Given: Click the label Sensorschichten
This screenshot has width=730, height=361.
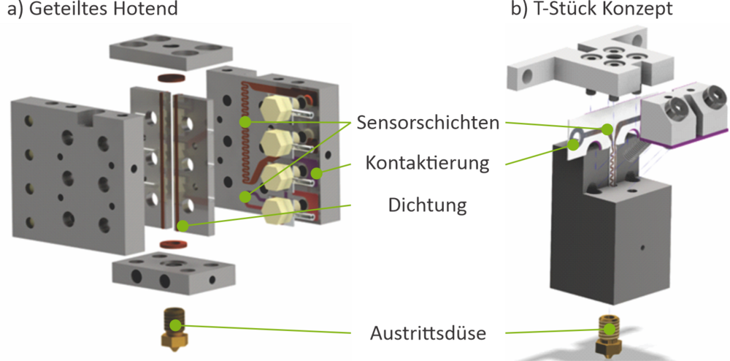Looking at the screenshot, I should tap(429, 122).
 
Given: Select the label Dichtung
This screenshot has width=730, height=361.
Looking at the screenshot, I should tap(427, 205).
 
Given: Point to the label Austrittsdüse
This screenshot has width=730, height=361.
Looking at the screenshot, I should tap(428, 334).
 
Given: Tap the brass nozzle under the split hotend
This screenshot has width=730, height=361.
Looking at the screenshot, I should tap(174, 330).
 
